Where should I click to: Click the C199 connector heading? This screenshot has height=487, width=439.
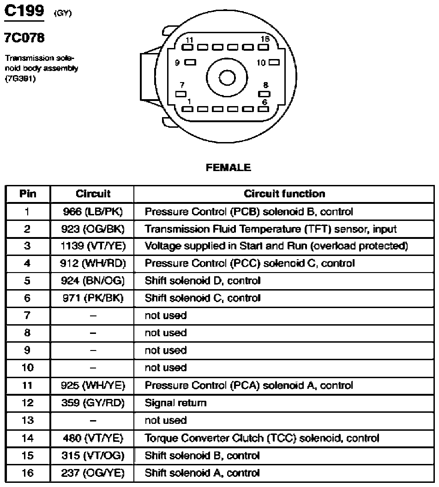pyautogui.click(x=24, y=11)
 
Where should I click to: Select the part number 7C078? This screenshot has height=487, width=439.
pyautogui.click(x=24, y=37)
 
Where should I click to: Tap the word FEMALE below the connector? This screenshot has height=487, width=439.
pyautogui.click(x=228, y=167)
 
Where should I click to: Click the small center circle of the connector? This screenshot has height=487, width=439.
pyautogui.click(x=227, y=77)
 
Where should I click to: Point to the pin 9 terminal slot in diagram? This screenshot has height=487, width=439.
pyautogui.click(x=190, y=62)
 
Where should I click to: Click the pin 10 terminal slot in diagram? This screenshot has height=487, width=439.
pyautogui.click(x=274, y=62)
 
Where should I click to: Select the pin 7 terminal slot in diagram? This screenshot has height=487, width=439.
pyautogui.click(x=181, y=94)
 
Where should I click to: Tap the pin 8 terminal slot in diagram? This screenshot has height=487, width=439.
pyautogui.click(x=264, y=94)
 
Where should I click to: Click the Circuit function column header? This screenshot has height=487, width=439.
pyautogui.click(x=284, y=194)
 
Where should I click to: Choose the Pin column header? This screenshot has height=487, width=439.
pyautogui.click(x=28, y=194)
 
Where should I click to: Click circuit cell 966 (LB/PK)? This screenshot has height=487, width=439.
pyautogui.click(x=93, y=212)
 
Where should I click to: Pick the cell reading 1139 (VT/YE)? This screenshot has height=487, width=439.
pyautogui.click(x=93, y=246)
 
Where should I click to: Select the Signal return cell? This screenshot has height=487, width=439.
pyautogui.click(x=176, y=403)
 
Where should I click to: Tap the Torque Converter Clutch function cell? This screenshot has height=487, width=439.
pyautogui.click(x=262, y=438)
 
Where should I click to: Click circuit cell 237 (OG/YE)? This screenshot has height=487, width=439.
pyautogui.click(x=93, y=473)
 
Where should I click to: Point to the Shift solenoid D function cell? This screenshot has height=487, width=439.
pyautogui.click(x=202, y=281)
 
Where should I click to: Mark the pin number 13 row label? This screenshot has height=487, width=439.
pyautogui.click(x=28, y=420)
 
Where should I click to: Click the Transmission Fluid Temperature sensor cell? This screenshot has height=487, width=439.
pyautogui.click(x=271, y=229)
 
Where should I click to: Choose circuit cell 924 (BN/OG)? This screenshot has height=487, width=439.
pyautogui.click(x=93, y=281)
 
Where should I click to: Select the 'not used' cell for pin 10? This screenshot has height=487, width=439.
pyautogui.click(x=166, y=368)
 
